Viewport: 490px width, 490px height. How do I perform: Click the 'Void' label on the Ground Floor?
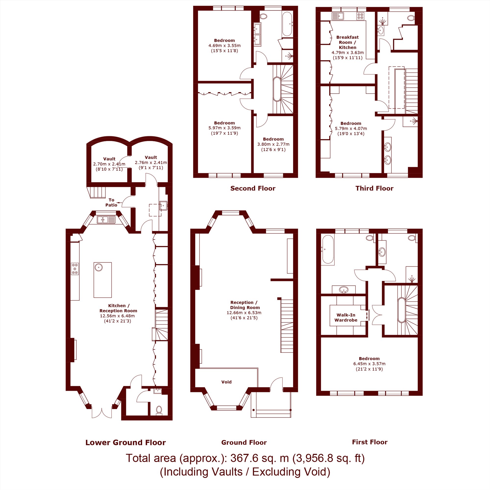point(226,382)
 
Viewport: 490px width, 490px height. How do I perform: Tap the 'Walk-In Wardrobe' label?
point(346,318)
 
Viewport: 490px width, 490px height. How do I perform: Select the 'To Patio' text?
point(111,202)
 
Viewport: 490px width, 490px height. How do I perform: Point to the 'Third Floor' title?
point(374,188)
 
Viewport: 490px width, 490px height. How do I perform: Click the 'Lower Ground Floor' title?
point(125,442)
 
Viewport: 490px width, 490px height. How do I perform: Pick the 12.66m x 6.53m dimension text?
point(244,313)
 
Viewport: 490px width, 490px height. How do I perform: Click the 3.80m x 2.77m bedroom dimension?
point(273,144)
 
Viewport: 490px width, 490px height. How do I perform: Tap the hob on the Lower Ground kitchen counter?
point(75,269)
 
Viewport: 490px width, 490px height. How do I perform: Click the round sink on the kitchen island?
point(98,267)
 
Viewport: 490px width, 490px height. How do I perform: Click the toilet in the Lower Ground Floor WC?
point(159,410)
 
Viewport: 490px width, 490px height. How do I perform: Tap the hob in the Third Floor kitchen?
point(360,16)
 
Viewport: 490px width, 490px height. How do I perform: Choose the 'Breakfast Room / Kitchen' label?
point(347,42)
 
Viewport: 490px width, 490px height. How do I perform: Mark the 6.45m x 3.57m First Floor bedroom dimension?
point(369,364)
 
